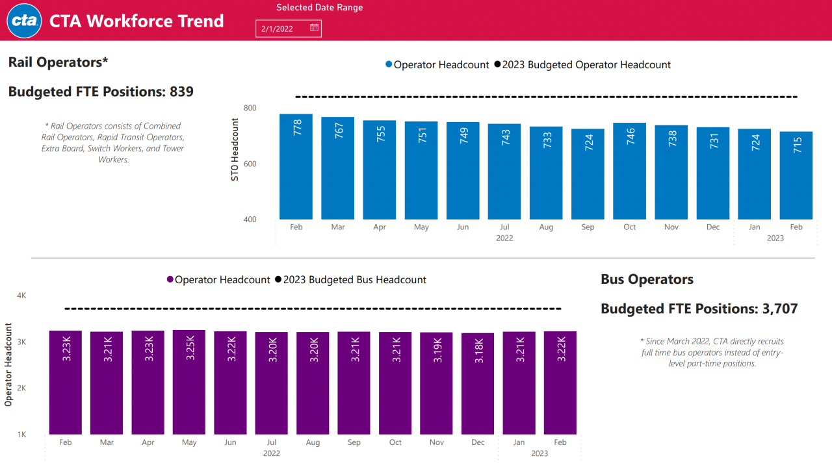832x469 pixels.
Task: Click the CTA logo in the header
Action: point(25,21)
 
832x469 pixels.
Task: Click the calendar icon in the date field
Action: point(314,28)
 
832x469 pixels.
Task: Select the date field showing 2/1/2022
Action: point(283,29)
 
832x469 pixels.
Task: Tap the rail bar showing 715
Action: point(796,175)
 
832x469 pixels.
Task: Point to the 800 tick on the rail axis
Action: point(250,108)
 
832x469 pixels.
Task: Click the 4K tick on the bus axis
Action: point(21,296)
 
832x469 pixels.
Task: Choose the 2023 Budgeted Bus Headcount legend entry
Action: point(350,280)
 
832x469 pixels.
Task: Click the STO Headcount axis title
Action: point(235,150)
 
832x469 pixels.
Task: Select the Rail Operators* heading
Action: point(58,62)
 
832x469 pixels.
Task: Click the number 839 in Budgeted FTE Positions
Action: point(181,92)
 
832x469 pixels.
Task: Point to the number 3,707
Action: point(778,309)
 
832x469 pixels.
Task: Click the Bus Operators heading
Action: point(647,279)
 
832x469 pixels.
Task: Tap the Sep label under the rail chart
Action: point(588,227)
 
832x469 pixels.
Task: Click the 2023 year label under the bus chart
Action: point(539,453)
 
